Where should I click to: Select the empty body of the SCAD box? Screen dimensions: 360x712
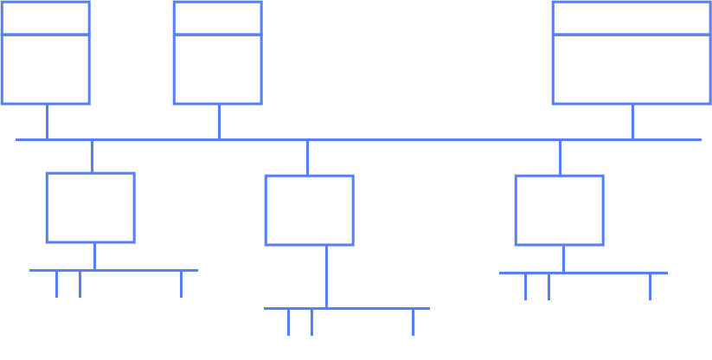[46, 69]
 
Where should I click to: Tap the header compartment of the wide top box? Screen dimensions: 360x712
[632, 18]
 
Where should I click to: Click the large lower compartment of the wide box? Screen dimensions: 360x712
[632, 69]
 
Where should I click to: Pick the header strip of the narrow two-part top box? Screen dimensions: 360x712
[217, 18]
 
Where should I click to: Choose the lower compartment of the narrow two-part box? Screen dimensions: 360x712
[217, 69]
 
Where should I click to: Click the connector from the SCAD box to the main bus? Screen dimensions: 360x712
[48, 122]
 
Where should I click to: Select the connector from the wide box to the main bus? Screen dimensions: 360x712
[633, 122]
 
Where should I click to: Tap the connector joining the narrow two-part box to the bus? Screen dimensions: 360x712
[219, 122]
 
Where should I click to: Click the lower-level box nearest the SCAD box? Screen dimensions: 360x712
[90, 208]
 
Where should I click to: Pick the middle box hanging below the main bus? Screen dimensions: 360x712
[309, 210]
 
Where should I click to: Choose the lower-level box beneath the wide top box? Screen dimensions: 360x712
[559, 210]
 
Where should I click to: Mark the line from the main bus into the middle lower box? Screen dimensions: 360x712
[308, 157]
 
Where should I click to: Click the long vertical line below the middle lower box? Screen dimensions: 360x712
[326, 277]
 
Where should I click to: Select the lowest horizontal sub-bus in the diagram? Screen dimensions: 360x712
[346, 308]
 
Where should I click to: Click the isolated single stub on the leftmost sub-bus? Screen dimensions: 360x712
[182, 284]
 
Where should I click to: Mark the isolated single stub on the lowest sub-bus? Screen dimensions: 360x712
[414, 322]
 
